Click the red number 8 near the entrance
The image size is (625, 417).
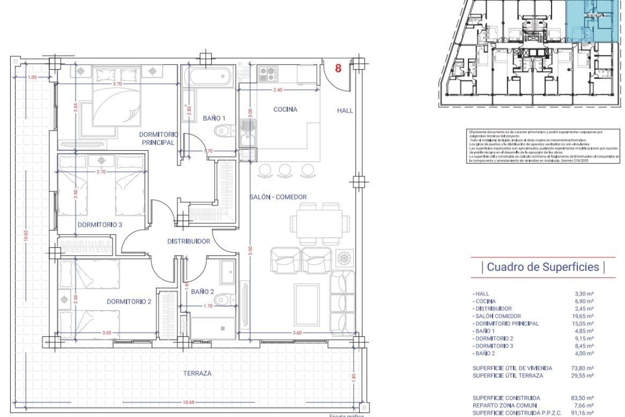coord(338,68)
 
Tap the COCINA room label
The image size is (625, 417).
coord(285,109)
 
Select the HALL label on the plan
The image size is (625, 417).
coord(345,111)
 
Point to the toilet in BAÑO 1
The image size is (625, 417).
coord(223,131)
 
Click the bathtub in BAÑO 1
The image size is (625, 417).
coord(207,76)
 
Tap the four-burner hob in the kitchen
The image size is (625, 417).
coord(269,74)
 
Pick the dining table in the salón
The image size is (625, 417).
coord(319,224)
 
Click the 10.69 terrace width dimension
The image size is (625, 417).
coord(188,402)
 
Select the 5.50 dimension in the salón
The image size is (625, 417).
coord(250,251)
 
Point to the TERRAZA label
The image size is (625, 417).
coord(197,373)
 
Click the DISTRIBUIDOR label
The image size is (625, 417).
coord(188,241)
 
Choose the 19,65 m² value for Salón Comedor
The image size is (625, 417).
coord(584,316)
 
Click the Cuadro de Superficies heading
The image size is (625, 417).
coord(543,267)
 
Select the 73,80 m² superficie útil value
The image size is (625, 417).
coord(584,368)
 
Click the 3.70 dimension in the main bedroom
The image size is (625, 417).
coord(117,84)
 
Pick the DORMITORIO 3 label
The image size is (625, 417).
coord(100,225)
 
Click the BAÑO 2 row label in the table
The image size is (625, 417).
coord(485,353)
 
